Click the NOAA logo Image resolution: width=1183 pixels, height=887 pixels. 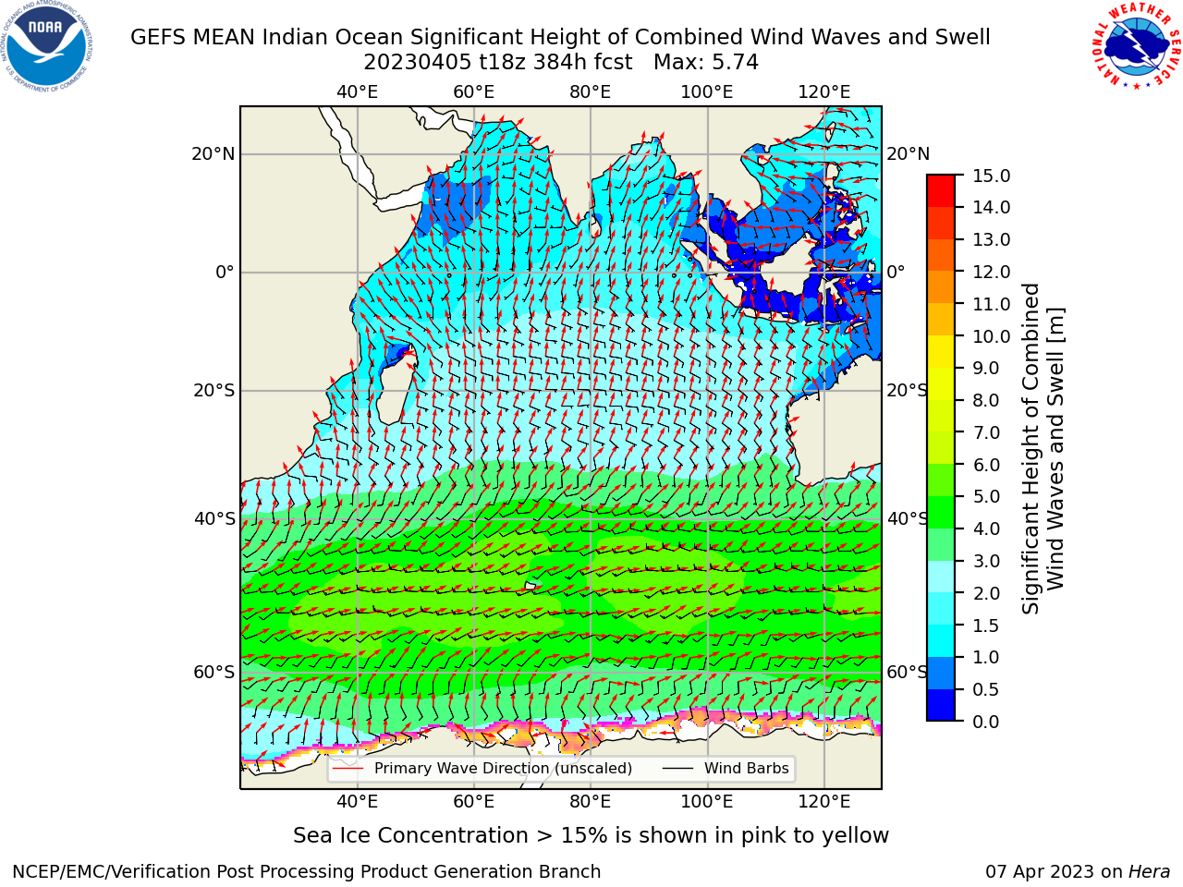coord(47,47)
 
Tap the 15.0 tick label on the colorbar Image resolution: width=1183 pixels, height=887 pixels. coord(991,176)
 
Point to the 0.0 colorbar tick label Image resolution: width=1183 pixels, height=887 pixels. coord(986,722)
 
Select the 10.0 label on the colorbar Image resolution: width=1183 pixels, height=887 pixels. coord(991,336)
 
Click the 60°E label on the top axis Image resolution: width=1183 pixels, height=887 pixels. coord(474,92)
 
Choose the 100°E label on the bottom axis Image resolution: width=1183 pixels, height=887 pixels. coord(707,802)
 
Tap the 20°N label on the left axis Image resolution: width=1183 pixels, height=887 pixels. coord(213,154)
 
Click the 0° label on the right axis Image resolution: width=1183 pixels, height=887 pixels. coord(896,272)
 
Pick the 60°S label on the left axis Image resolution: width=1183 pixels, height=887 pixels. coord(214,673)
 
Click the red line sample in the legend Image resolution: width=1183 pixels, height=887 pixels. coord(348,769)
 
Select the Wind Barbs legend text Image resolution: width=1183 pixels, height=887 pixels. coord(747,769)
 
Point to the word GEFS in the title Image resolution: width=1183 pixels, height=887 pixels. coord(159,38)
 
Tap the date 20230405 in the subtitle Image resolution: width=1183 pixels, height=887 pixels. coord(418,63)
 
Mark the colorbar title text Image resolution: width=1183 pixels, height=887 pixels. coord(1043,449)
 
